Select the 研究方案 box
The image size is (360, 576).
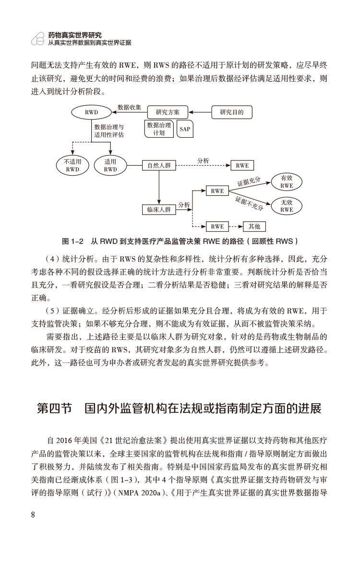[168, 112]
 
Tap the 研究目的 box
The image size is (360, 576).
[232, 112]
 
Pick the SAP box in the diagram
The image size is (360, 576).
[184, 129]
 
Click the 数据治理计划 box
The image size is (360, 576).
[159, 129]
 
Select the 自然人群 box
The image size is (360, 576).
[159, 166]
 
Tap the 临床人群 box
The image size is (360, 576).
[159, 209]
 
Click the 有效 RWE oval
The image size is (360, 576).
[287, 181]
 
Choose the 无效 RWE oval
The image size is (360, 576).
[287, 206]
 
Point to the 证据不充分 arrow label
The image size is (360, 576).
[250, 204]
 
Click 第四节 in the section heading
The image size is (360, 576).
[54, 409]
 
